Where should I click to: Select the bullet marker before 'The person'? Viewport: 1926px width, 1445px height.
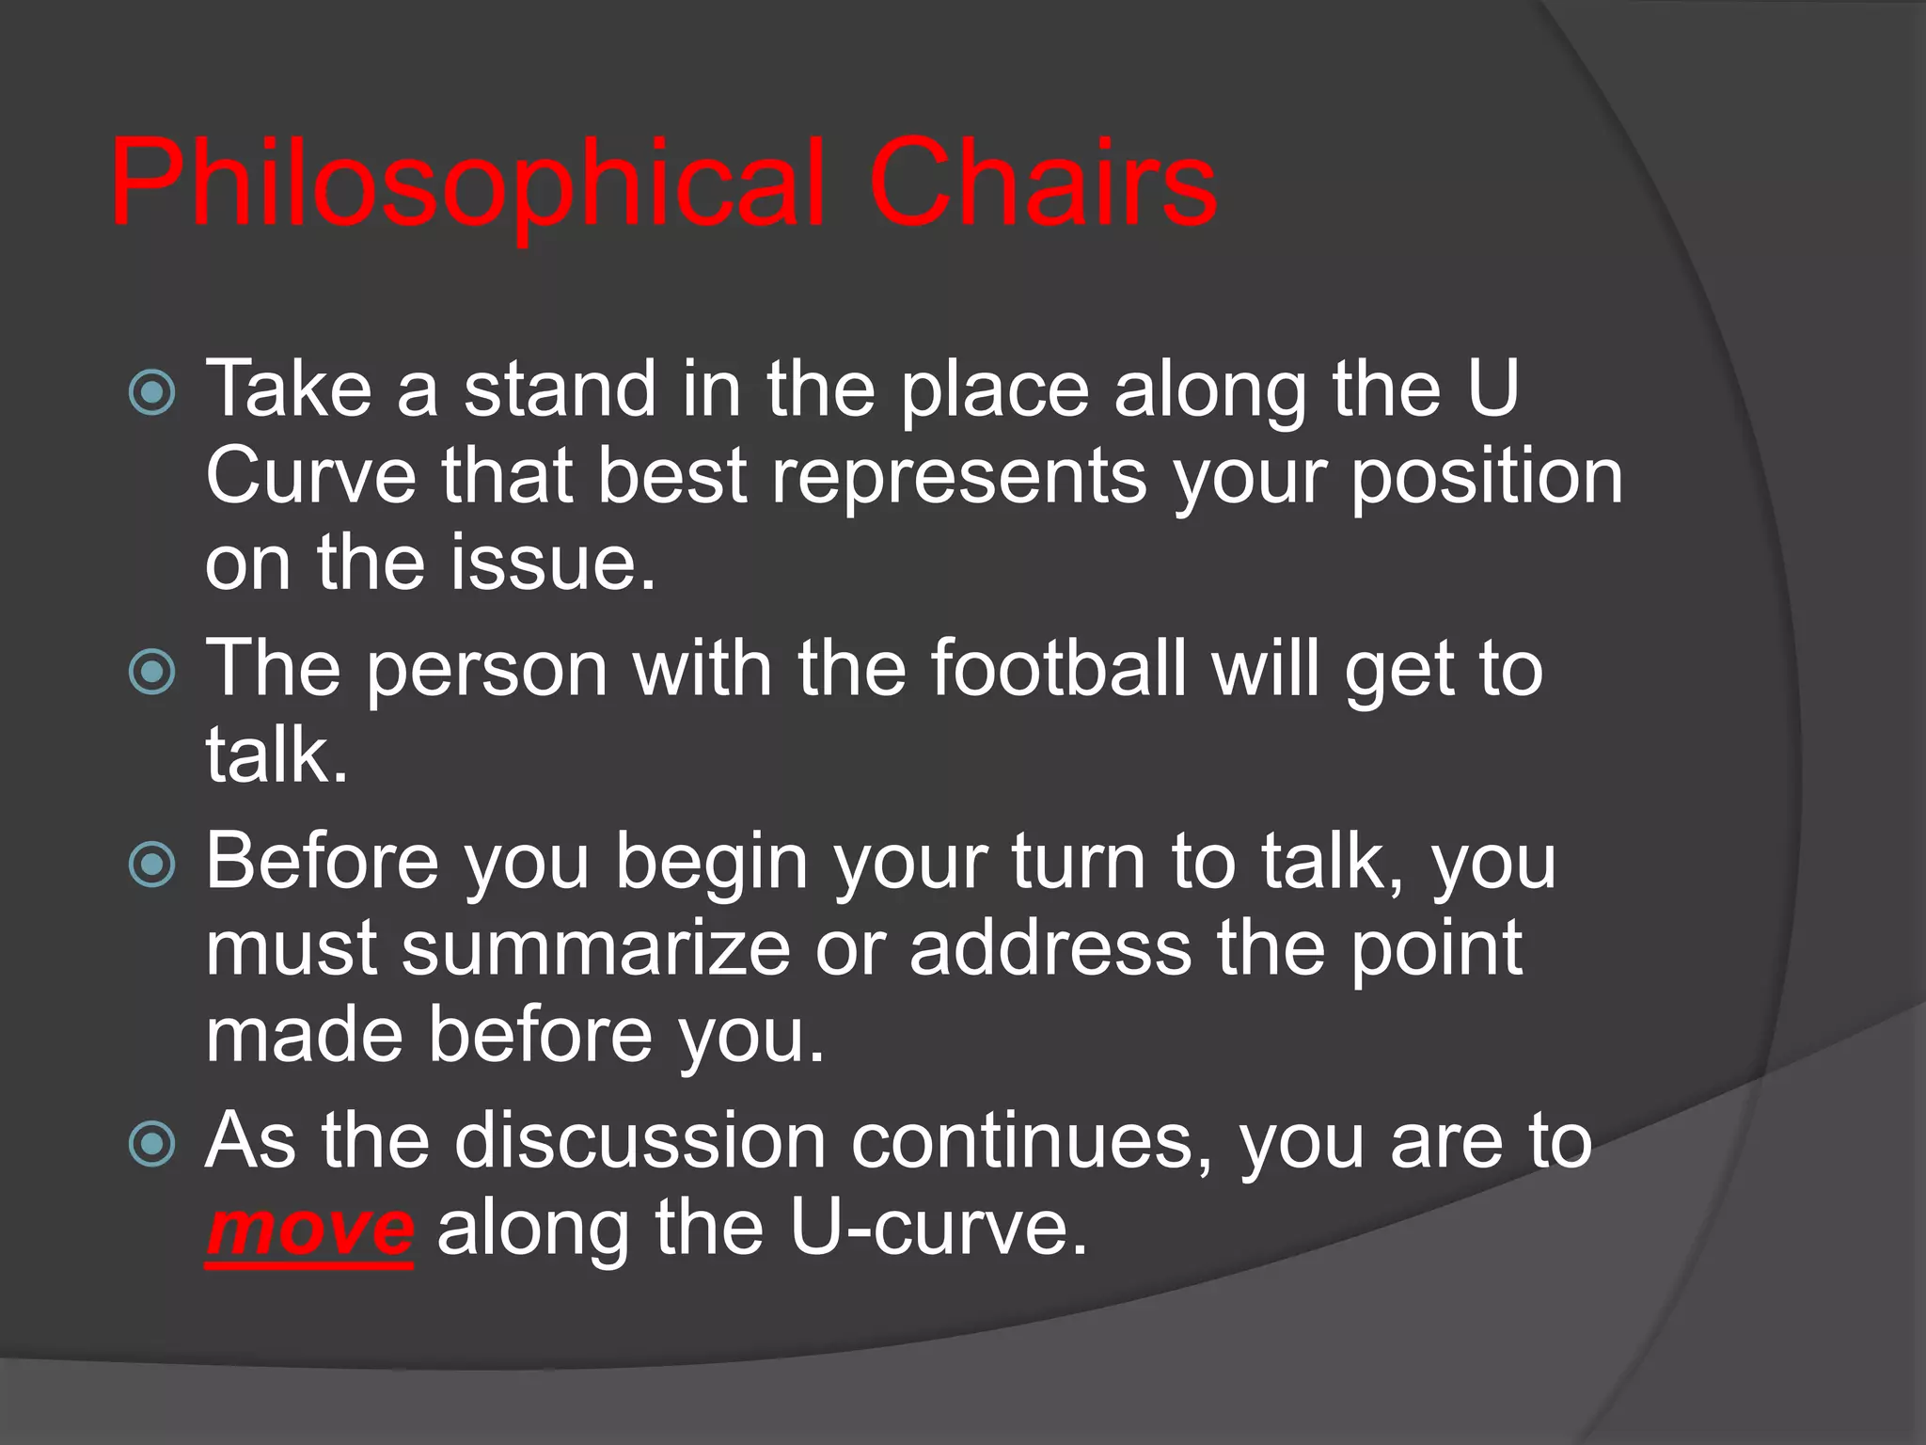[151, 672]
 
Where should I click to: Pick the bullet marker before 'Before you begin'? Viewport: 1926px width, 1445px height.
[151, 865]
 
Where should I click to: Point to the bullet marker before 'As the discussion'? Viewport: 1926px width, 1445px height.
[151, 1144]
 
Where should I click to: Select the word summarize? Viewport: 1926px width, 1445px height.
[596, 948]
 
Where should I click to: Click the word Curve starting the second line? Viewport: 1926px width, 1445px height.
[310, 476]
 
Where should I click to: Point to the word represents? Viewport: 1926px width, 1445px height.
[959, 476]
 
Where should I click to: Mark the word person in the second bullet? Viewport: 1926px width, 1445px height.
[487, 670]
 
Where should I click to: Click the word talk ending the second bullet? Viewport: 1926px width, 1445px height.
[268, 755]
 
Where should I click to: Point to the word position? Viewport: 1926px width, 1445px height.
[1487, 476]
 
